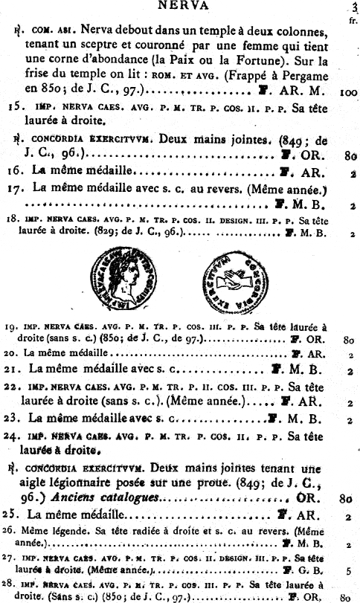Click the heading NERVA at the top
click(181, 5)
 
